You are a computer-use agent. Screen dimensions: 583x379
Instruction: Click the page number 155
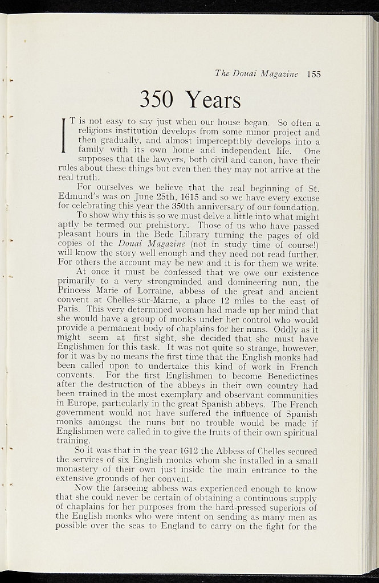[313, 73]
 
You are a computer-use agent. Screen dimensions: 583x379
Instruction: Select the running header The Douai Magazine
[256, 73]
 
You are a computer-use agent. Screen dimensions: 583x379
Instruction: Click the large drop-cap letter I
[64, 134]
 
